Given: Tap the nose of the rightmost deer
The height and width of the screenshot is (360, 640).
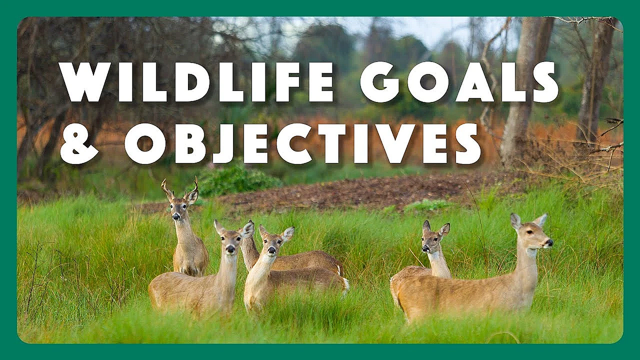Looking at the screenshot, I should click(549, 243).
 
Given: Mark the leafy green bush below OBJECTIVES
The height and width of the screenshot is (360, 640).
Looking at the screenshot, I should click(235, 180).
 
